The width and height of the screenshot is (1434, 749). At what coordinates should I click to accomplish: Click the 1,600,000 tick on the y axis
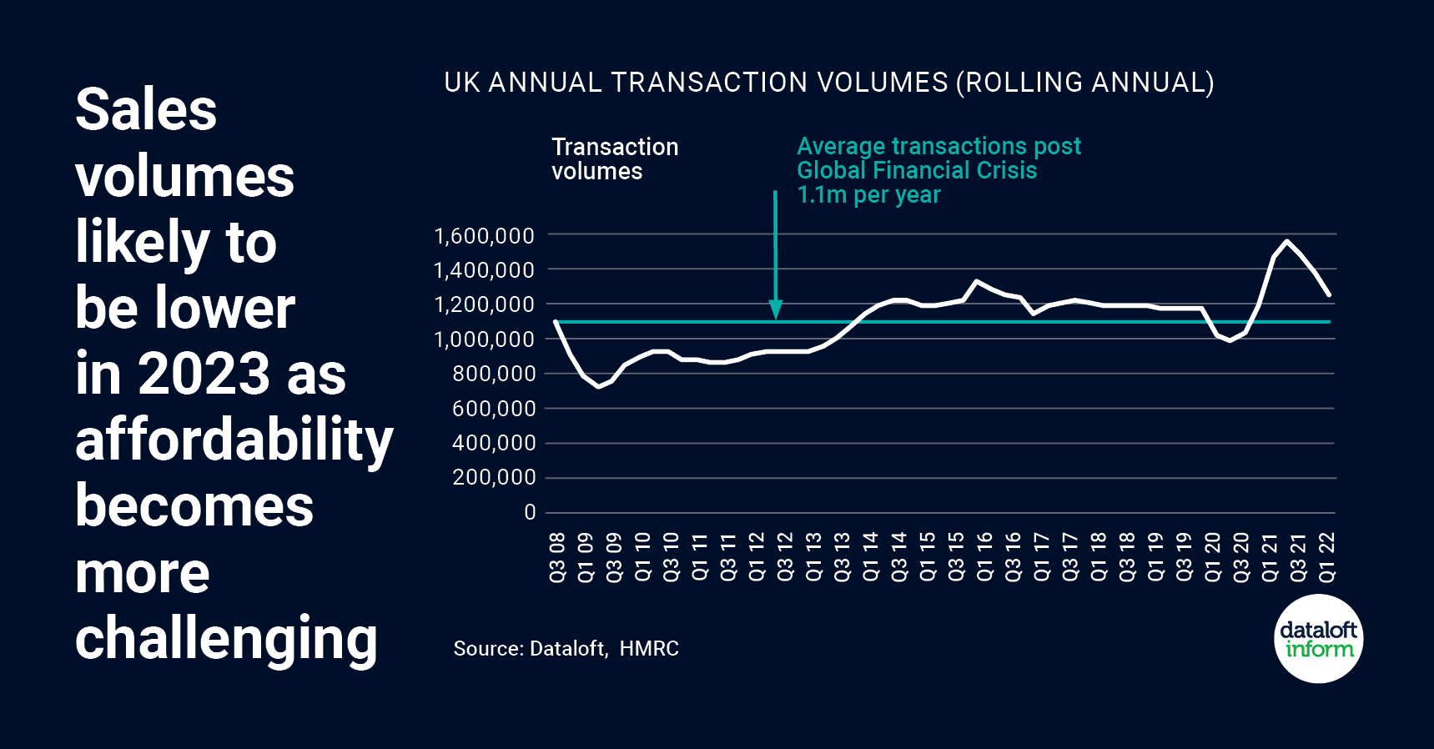pos(484,236)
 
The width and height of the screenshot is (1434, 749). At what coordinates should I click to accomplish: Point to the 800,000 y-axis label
pos(494,374)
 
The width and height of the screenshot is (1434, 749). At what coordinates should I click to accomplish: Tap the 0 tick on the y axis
pos(530,512)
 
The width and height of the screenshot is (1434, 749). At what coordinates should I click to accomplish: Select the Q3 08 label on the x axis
pos(557,557)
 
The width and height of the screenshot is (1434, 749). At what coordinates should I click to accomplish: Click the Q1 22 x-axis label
pos(1327,557)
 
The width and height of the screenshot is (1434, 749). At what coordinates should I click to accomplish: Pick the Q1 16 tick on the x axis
pos(985,557)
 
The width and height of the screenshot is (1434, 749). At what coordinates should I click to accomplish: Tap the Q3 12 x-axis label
pos(785,557)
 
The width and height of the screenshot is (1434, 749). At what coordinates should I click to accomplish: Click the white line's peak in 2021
pos(1288,241)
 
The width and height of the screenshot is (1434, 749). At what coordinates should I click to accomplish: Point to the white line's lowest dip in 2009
pos(598,387)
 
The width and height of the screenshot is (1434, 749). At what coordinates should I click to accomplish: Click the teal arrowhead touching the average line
pos(776,311)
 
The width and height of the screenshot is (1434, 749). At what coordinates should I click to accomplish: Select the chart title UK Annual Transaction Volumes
pos(828,83)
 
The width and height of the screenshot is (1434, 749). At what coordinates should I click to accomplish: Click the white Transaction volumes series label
pos(615,158)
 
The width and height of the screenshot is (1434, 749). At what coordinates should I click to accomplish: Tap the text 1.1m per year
pos(868,195)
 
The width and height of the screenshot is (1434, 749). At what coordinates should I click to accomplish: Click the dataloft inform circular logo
pos(1319,639)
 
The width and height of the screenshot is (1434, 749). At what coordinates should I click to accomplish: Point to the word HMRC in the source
pos(649,649)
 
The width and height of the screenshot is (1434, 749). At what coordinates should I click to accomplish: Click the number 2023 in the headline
pos(204,374)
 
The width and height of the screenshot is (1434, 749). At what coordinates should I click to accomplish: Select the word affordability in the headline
pos(234,440)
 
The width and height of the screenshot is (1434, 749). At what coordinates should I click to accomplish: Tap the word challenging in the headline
pos(226,639)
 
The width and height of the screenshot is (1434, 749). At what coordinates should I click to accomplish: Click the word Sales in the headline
pos(146,110)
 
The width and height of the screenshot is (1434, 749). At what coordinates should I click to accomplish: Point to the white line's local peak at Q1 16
pos(977,281)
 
